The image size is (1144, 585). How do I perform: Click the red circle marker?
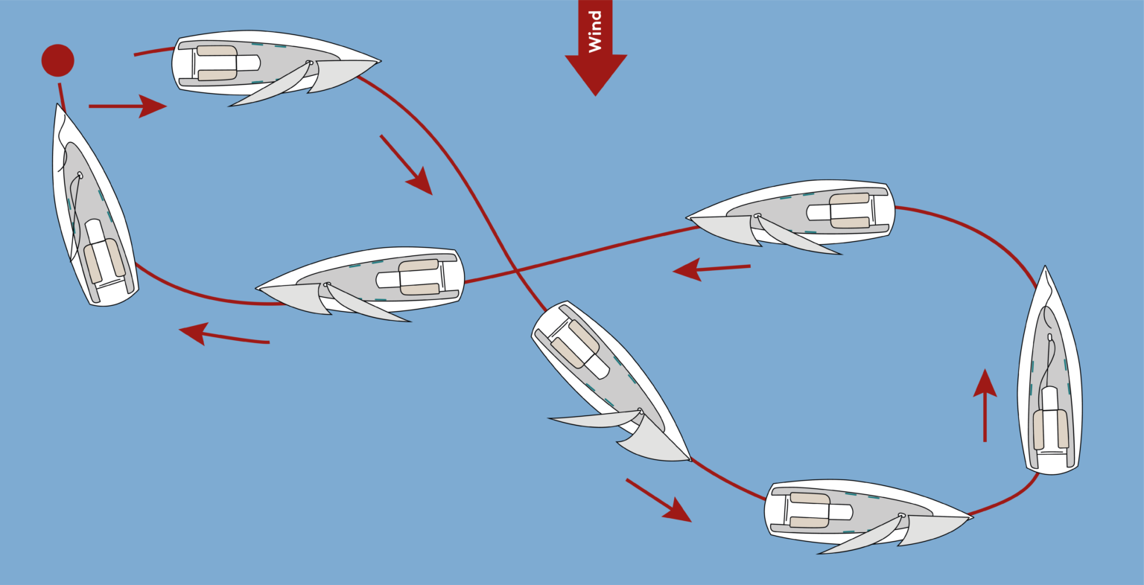[57, 60]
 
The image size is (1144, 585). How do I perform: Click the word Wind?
[595, 32]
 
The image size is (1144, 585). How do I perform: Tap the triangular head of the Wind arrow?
[596, 74]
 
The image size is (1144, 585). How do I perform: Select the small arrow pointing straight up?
[985, 405]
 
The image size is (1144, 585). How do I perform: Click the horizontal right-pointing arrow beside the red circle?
[127, 106]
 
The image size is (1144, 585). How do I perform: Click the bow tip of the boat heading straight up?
[1045, 266]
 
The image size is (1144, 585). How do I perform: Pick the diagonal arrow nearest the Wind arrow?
[406, 165]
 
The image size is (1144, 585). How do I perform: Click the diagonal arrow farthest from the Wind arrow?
[659, 501]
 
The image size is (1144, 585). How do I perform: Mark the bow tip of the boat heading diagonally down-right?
[690, 460]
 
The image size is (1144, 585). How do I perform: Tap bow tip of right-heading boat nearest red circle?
[380, 61]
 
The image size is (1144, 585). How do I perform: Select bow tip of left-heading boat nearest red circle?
[256, 289]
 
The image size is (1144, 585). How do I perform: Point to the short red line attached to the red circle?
[62, 97]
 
